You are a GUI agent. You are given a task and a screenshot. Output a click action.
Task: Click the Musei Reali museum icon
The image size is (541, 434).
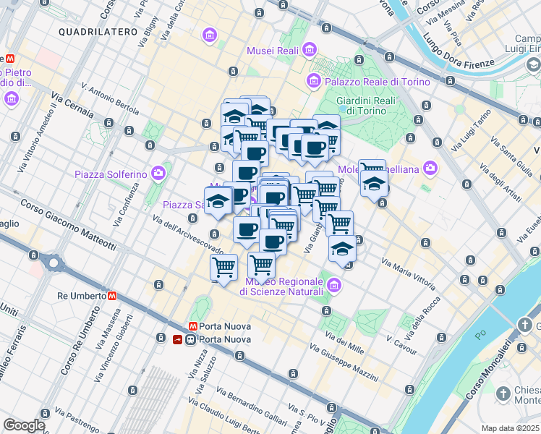click(x=310, y=49)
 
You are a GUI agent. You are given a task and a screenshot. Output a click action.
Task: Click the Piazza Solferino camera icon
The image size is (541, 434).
click(x=158, y=174)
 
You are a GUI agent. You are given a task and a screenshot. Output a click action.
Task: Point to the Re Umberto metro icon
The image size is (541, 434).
click(x=112, y=296)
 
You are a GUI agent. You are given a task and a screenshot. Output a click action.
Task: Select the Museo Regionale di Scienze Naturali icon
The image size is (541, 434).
click(x=333, y=285)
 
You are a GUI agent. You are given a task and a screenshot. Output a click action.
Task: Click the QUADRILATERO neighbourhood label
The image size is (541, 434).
click(x=98, y=32)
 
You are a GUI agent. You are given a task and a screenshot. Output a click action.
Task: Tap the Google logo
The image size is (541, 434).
click(x=23, y=425)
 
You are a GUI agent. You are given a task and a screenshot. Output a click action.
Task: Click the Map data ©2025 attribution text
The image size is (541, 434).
click(x=511, y=428)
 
